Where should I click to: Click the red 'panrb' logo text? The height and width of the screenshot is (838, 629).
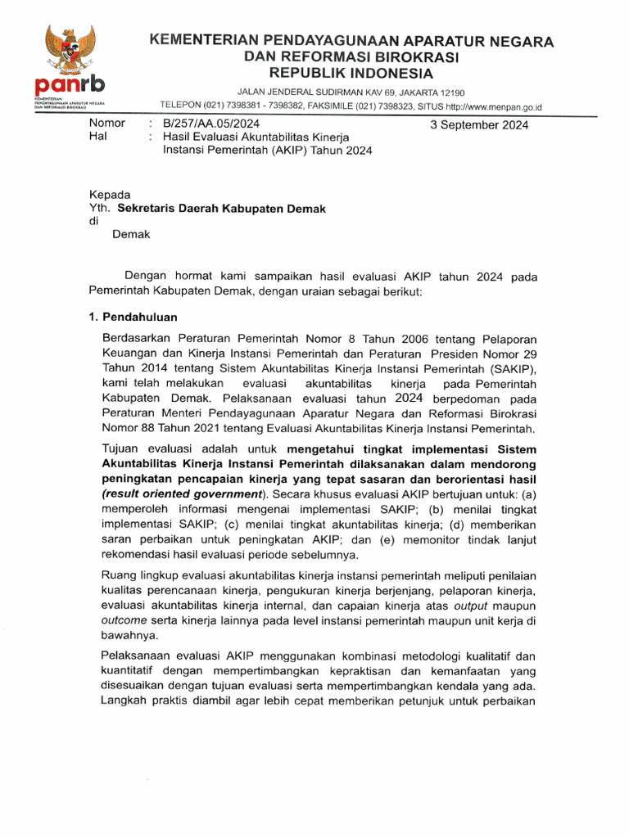pyautogui.click(x=70, y=85)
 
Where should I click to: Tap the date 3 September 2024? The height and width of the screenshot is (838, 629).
pyautogui.click(x=479, y=125)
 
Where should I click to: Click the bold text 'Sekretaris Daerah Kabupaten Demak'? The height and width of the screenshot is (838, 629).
pyautogui.click(x=221, y=209)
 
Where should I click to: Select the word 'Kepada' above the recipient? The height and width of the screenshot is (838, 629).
pyautogui.click(x=110, y=195)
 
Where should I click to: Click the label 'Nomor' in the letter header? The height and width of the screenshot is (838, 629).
pyautogui.click(x=106, y=124)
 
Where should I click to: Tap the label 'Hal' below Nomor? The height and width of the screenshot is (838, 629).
pyautogui.click(x=97, y=137)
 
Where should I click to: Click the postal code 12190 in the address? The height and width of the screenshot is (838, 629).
pyautogui.click(x=450, y=92)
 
